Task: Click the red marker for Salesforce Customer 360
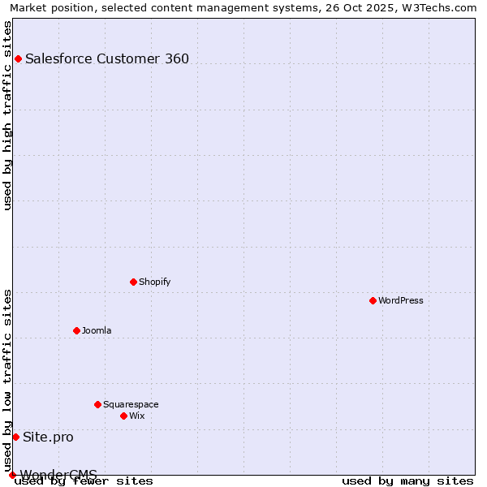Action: [x=18, y=58]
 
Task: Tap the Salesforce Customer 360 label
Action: [x=107, y=58]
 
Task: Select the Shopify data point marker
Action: [x=133, y=282]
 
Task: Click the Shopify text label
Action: [x=154, y=282]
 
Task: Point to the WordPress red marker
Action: [x=373, y=300]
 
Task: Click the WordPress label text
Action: [x=400, y=300]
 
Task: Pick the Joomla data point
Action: [x=76, y=330]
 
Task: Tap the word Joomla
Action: [x=97, y=330]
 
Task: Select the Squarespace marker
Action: [x=97, y=404]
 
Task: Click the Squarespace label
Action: [x=131, y=404]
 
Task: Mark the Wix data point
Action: [x=123, y=416]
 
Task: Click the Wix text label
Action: [x=136, y=416]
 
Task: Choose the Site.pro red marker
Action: [x=15, y=437]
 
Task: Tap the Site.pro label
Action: [x=48, y=437]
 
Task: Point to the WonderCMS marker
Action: [x=12, y=475]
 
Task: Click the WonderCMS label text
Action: [x=58, y=474]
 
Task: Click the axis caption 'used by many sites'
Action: [x=407, y=481]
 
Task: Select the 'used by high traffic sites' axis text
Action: [x=8, y=115]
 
